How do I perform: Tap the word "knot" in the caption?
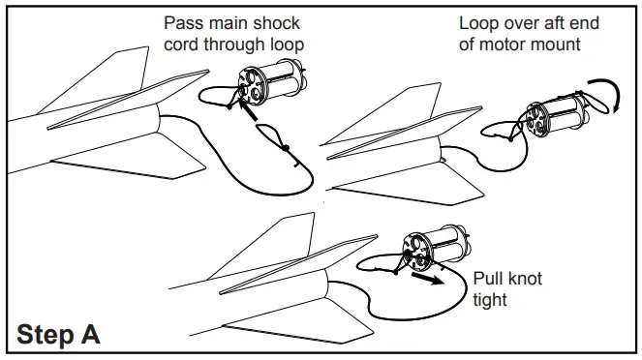click(524, 279)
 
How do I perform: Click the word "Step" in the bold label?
click(48, 336)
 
